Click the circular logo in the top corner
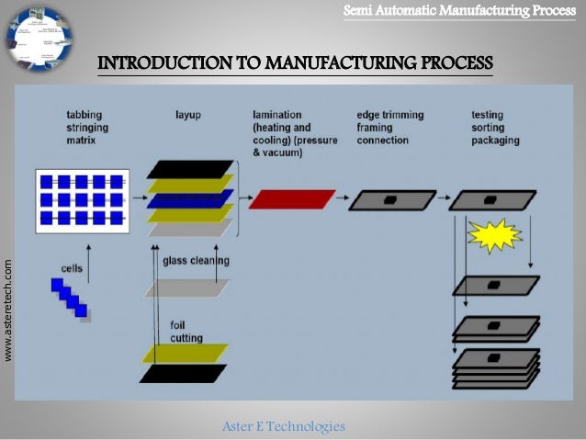[38, 39]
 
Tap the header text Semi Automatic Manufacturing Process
[459, 10]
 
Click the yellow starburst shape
[494, 235]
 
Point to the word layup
[189, 115]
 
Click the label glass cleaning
[196, 260]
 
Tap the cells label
[72, 268]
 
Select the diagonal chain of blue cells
[70, 298]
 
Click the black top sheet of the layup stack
[190, 169]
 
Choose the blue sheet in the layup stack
[190, 199]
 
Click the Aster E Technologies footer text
[284, 426]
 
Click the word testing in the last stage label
[487, 115]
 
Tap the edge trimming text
[390, 115]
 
